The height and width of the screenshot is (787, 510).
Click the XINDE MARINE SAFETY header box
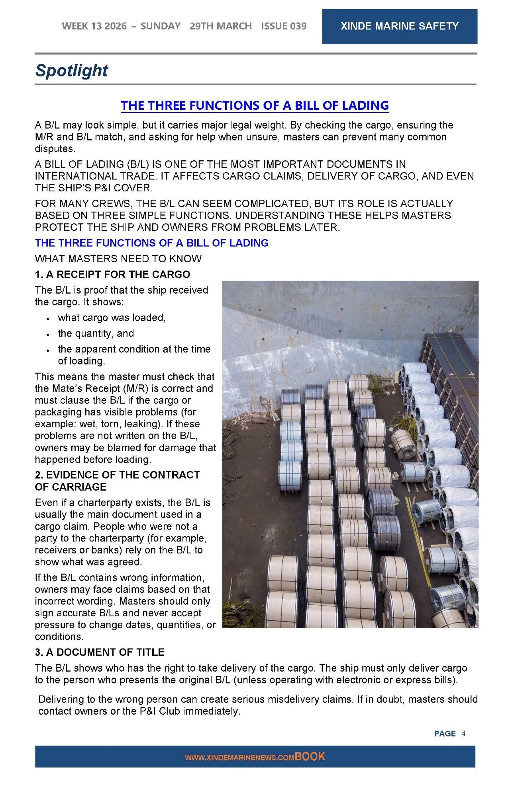pyautogui.click(x=399, y=26)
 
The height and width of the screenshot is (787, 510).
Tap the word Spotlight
pyautogui.click(x=72, y=70)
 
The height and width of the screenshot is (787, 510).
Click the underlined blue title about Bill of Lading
pyautogui.click(x=255, y=105)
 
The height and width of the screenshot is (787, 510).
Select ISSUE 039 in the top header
pyautogui.click(x=284, y=26)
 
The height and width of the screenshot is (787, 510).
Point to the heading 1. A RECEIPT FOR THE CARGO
pyautogui.click(x=112, y=275)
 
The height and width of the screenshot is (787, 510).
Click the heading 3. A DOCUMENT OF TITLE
pyautogui.click(x=100, y=652)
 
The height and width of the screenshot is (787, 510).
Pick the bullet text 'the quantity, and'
pyautogui.click(x=96, y=333)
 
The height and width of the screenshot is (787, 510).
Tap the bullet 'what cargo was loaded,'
pyautogui.click(x=112, y=318)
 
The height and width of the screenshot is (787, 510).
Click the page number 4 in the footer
pyautogui.click(x=463, y=733)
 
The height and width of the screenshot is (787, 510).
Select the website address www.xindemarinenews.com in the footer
pyautogui.click(x=239, y=758)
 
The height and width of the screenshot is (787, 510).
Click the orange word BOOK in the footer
pyautogui.click(x=310, y=756)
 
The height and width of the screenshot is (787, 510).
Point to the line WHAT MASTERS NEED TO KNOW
pyautogui.click(x=118, y=259)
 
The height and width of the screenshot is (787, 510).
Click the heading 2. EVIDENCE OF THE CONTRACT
pyautogui.click(x=117, y=475)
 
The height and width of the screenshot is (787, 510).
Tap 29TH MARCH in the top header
pyautogui.click(x=220, y=26)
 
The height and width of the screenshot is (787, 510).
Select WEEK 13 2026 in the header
pyautogui.click(x=94, y=26)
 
